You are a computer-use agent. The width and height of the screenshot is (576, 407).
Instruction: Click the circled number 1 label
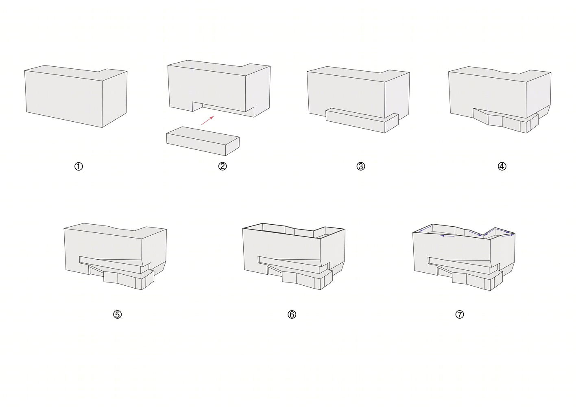79,166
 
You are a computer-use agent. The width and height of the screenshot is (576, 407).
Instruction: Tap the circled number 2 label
223,166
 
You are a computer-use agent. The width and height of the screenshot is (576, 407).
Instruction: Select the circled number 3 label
360,166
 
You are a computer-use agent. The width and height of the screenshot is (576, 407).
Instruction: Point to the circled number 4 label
502,166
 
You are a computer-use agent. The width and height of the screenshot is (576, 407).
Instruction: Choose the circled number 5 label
117,314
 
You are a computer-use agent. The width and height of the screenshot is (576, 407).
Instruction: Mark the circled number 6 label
292,314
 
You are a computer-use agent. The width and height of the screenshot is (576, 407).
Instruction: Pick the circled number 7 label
460,314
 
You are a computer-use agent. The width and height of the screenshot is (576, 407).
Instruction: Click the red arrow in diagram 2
207,120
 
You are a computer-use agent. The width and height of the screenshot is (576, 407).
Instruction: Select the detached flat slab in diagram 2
203,141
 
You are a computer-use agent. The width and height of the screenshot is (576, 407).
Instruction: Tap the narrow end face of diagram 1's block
115,99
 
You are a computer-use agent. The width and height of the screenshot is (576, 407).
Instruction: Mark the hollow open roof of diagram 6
293,231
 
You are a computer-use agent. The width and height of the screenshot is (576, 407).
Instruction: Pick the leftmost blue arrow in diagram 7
425,228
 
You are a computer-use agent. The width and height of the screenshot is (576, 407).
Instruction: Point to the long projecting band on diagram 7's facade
463,265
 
